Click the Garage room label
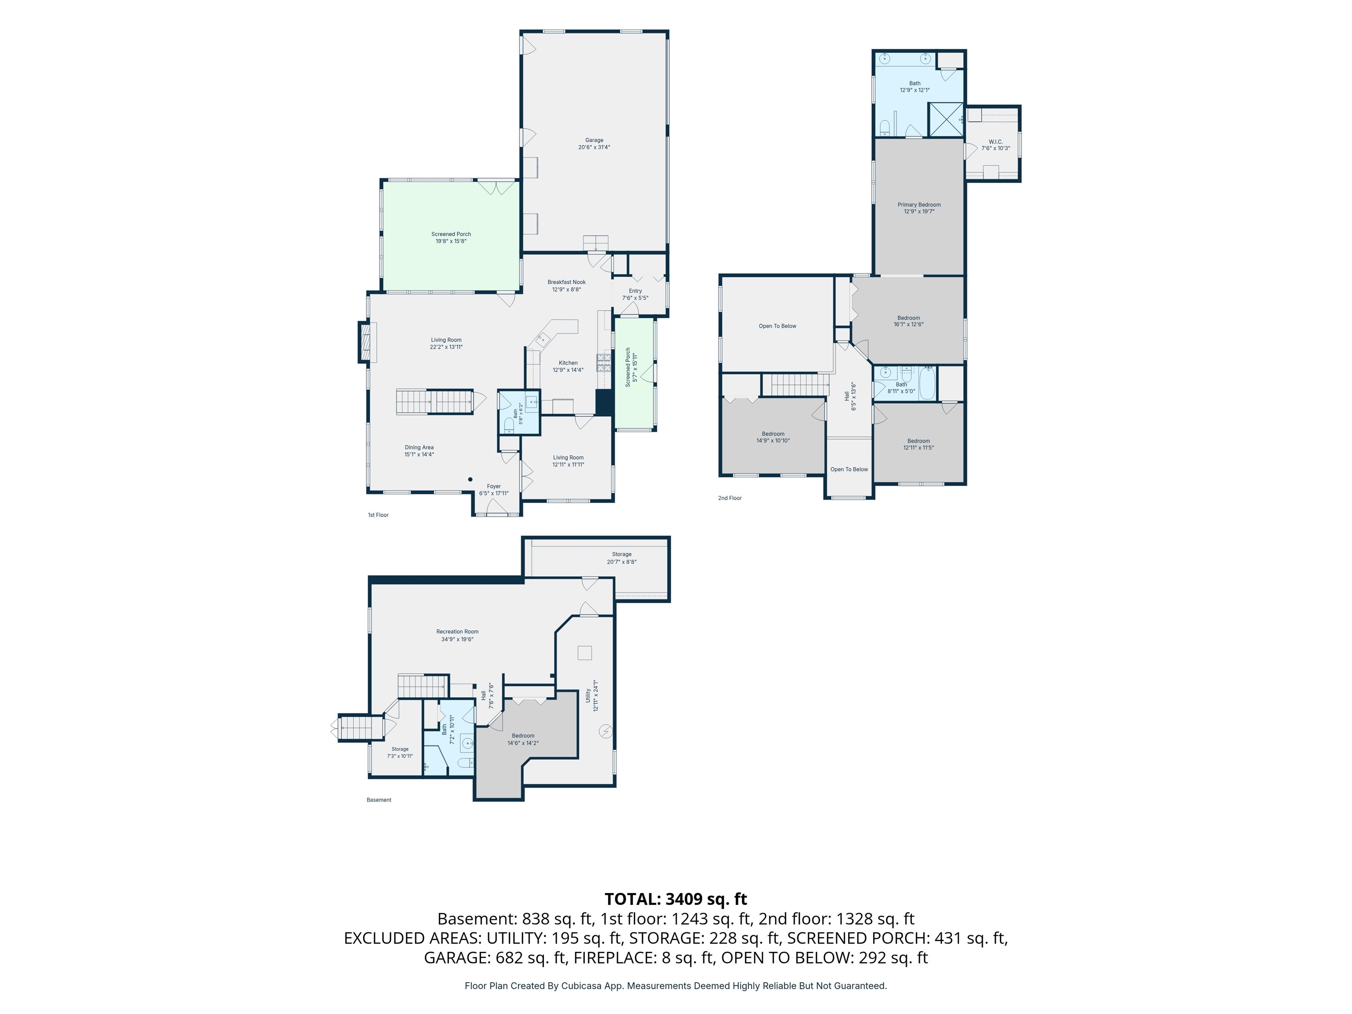coord(594,143)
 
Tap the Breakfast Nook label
coord(566,286)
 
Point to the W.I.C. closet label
coord(996,145)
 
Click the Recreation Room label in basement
coord(457,636)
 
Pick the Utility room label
coord(591,695)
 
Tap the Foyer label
coord(494,489)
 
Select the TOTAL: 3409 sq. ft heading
coord(676,899)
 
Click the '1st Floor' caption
coord(378,514)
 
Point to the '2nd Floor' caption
coord(730,498)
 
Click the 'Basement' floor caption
coord(379,800)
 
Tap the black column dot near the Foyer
coord(470,479)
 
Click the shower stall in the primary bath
coord(945,120)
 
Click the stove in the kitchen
coord(604,363)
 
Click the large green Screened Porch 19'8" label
coord(451,238)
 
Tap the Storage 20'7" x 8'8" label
coord(621,558)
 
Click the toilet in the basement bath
coord(466,762)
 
